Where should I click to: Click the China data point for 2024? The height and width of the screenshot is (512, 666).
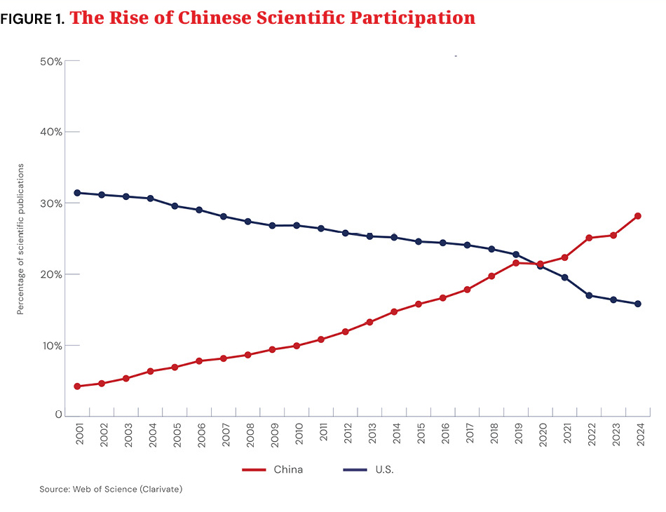pyautogui.click(x=637, y=216)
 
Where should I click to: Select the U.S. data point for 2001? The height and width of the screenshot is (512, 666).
pyautogui.click(x=77, y=193)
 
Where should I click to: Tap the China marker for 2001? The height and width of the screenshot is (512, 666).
pyautogui.click(x=77, y=386)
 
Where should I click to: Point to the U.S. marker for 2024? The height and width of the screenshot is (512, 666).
pyautogui.click(x=637, y=304)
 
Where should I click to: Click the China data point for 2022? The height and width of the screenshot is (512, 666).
pyautogui.click(x=589, y=238)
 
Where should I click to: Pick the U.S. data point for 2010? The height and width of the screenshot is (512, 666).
pyautogui.click(x=297, y=225)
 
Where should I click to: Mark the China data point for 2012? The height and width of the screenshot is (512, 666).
pyautogui.click(x=345, y=331)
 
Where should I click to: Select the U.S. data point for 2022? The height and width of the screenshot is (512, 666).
pyautogui.click(x=589, y=295)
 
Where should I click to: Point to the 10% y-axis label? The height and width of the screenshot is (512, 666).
pyautogui.click(x=51, y=346)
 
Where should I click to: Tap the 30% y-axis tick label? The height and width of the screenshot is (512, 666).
pyautogui.click(x=51, y=203)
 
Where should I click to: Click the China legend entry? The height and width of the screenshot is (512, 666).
pyautogui.click(x=273, y=469)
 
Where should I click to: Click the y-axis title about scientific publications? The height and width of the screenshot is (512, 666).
pyautogui.click(x=21, y=238)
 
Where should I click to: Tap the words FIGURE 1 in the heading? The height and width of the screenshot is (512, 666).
pyautogui.click(x=32, y=19)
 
